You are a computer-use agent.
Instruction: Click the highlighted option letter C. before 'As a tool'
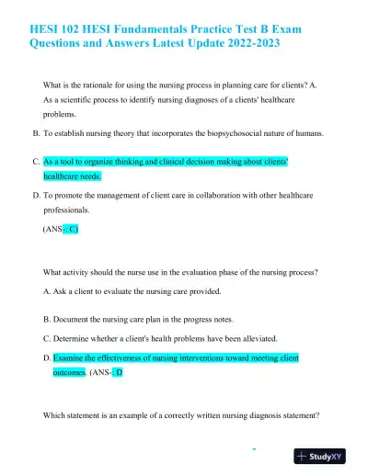[36, 160]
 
